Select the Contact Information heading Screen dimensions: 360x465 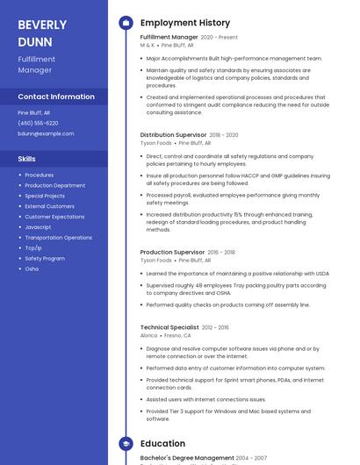coord(56,97)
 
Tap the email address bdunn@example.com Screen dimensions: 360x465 coord(46,133)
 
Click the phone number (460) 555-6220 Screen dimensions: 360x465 coord(38,123)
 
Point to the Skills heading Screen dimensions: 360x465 coord(27,159)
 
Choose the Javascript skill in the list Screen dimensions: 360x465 coord(38,227)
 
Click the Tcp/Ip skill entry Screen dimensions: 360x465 coord(33,247)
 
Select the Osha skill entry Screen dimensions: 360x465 coord(32,268)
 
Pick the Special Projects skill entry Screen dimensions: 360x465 coord(45,196)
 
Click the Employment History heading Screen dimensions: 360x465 coord(185,23)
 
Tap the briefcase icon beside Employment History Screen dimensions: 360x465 coord(126,23)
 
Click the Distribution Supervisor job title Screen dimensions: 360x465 coord(173,135)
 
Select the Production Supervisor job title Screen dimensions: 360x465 coord(172,252)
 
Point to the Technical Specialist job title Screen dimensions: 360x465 coord(169,327)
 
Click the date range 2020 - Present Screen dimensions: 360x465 coord(220,38)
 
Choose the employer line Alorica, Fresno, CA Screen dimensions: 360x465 coord(165,335)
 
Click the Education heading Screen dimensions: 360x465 coord(162,444)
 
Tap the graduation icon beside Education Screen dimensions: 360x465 coord(126,444)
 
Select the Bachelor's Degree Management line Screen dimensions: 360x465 coord(187,458)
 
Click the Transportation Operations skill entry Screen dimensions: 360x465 coord(58,238)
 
